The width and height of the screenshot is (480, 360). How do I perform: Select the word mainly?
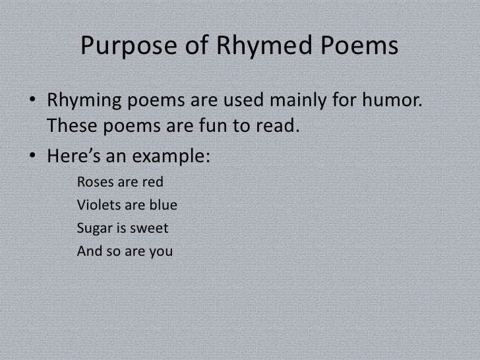point(301,104)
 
